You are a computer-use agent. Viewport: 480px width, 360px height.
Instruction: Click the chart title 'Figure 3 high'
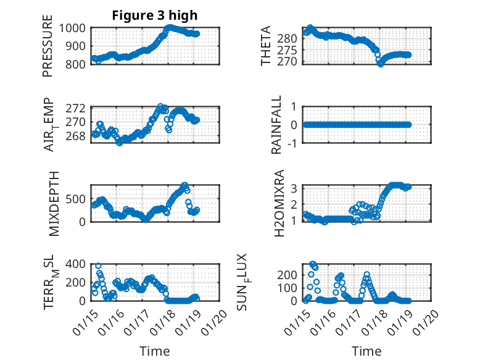(154, 15)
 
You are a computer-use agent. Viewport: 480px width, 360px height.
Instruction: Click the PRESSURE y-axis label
(48, 49)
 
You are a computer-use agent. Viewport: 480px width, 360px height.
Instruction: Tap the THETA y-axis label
(266, 46)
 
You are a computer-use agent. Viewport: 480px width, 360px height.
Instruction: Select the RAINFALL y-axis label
(277, 125)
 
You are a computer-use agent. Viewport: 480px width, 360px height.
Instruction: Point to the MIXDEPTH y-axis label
(52, 203)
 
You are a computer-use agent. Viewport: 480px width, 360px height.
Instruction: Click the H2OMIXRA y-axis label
(279, 203)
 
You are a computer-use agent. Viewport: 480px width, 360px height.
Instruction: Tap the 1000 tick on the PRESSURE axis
(76, 28)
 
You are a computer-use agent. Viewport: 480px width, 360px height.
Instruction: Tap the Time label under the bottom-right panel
(367, 351)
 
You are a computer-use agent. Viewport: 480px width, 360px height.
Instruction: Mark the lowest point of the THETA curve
(381, 64)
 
